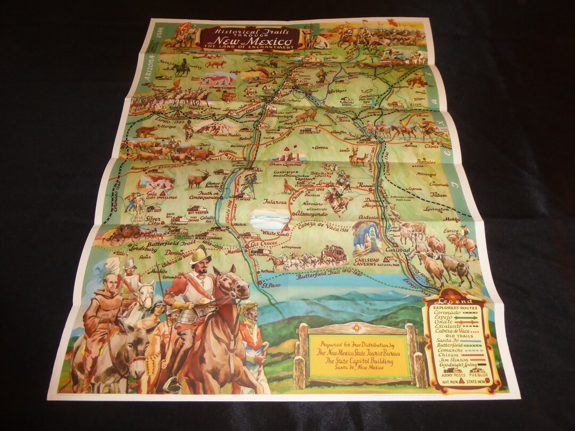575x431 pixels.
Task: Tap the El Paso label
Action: pyautogui.click(x=271, y=286)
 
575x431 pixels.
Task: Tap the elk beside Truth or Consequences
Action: pyautogui.click(x=198, y=178)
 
